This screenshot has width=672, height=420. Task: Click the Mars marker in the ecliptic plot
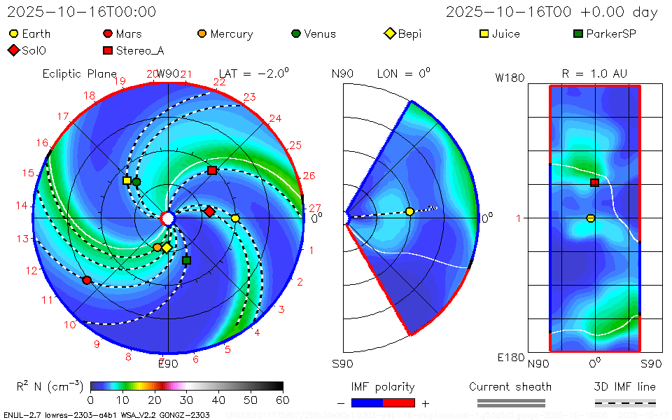(87, 280)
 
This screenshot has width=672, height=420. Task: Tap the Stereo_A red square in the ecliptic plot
(212, 171)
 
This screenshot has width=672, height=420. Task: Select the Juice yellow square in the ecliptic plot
(127, 181)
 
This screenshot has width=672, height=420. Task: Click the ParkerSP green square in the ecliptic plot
(186, 260)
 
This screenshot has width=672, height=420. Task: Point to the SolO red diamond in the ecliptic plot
(209, 211)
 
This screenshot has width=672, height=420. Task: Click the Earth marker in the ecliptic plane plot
(235, 218)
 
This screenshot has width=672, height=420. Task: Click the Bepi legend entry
(403, 34)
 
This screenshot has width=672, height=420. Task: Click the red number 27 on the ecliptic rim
(314, 208)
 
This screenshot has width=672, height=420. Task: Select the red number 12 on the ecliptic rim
(31, 271)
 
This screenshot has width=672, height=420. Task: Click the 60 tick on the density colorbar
(283, 400)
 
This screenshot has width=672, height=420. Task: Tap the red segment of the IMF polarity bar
(399, 403)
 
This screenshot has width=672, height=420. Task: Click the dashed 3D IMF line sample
(625, 403)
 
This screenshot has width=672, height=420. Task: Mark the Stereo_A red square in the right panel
(594, 183)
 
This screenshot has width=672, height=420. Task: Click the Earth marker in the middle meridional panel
(409, 211)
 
